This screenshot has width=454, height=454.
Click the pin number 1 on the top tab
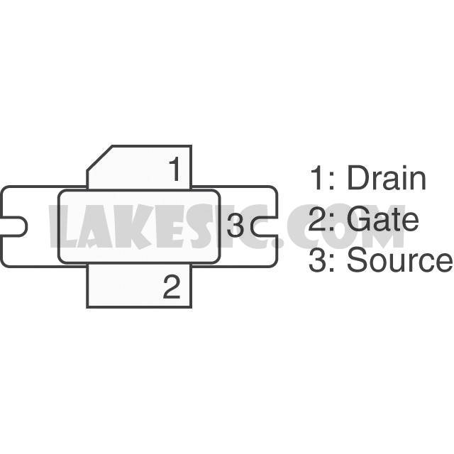pos(175,169)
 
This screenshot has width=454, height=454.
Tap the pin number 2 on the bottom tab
pos(172,287)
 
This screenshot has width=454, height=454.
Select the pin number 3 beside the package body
pos(235,226)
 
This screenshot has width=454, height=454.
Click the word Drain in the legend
pos(387,178)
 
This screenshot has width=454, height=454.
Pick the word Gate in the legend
pos(382,219)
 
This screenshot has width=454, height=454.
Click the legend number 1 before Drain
pos(317,178)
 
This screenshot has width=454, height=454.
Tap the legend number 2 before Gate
pos(318,219)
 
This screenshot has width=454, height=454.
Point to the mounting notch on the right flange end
pos(264,226)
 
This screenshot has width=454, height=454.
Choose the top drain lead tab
pos(139,167)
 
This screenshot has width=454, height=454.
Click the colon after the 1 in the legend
pos(332,182)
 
